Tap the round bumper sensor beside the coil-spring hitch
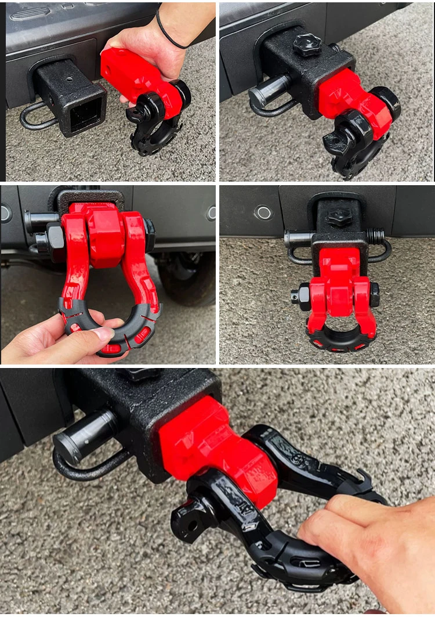pyautogui.click(x=264, y=212)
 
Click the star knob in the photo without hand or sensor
pyautogui.click(x=307, y=44)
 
